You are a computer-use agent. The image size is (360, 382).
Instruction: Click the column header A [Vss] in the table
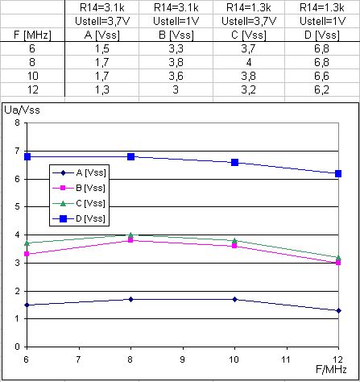click(x=102, y=35)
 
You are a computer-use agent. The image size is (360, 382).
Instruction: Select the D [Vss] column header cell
click(x=322, y=35)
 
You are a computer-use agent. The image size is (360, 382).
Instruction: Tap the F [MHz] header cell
click(x=32, y=35)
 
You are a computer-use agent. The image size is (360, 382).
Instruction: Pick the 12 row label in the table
click(x=32, y=89)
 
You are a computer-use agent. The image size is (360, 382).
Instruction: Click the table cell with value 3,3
click(x=176, y=48)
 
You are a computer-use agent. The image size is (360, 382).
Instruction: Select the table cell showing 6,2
click(x=321, y=89)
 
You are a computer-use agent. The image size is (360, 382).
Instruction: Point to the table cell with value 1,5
click(x=102, y=48)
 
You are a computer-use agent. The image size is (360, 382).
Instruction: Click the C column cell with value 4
click(x=249, y=62)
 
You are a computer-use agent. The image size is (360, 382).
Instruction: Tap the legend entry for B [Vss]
click(x=79, y=188)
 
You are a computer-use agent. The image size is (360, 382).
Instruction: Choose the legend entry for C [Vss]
click(x=79, y=203)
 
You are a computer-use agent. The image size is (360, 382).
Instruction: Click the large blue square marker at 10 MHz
click(x=234, y=162)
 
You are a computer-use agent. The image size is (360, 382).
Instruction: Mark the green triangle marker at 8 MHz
click(x=130, y=235)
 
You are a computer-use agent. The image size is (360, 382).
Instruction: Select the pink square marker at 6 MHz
click(x=27, y=254)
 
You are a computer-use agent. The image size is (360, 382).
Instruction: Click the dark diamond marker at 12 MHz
click(x=338, y=310)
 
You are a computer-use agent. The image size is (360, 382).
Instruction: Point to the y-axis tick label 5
click(x=17, y=206)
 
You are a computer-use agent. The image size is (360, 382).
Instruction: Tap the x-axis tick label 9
click(x=183, y=359)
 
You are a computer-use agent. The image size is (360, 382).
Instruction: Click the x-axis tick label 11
click(x=287, y=359)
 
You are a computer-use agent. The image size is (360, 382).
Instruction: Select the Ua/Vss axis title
click(x=22, y=110)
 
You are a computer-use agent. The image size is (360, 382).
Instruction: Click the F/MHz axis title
click(x=331, y=370)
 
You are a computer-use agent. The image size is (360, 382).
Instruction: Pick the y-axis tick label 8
click(x=17, y=122)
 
